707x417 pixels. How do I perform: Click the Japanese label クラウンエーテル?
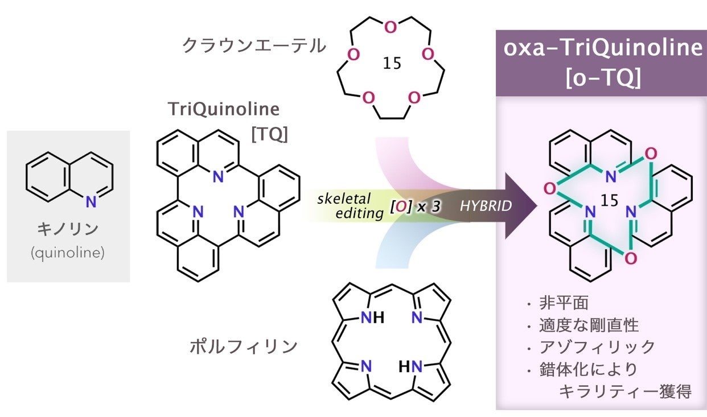click(254, 46)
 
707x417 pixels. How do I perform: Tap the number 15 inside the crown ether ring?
click(392, 63)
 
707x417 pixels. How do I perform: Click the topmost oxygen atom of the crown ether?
click(390, 27)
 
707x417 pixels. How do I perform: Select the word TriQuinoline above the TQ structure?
click(223, 109)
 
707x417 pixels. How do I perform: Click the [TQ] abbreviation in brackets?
click(269, 134)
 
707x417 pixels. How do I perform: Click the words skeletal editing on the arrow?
click(348, 206)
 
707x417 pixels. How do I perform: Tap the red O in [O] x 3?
click(401, 207)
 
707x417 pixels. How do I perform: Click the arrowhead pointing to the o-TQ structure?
click(523, 206)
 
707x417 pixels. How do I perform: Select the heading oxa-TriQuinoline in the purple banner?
click(602, 48)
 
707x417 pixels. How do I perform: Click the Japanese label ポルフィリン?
click(244, 346)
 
